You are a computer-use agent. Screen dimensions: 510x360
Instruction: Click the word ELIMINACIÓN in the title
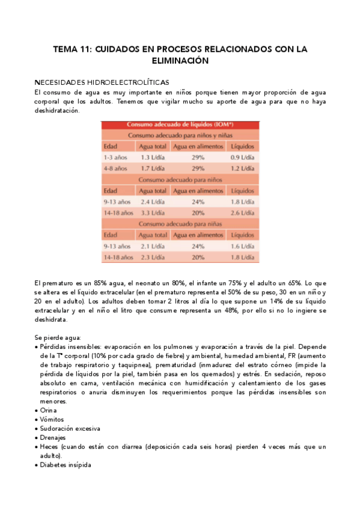coord(180,61)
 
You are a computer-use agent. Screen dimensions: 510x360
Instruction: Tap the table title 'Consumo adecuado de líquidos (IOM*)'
coord(180,125)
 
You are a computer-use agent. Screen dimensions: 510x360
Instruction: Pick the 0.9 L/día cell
coord(243,158)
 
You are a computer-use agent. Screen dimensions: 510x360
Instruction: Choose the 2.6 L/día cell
coord(243,213)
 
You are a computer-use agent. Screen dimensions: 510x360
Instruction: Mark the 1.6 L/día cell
coord(243,246)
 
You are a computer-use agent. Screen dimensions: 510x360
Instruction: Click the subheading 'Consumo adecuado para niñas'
coord(180,224)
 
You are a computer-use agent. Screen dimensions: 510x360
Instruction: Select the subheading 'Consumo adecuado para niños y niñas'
coord(180,136)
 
